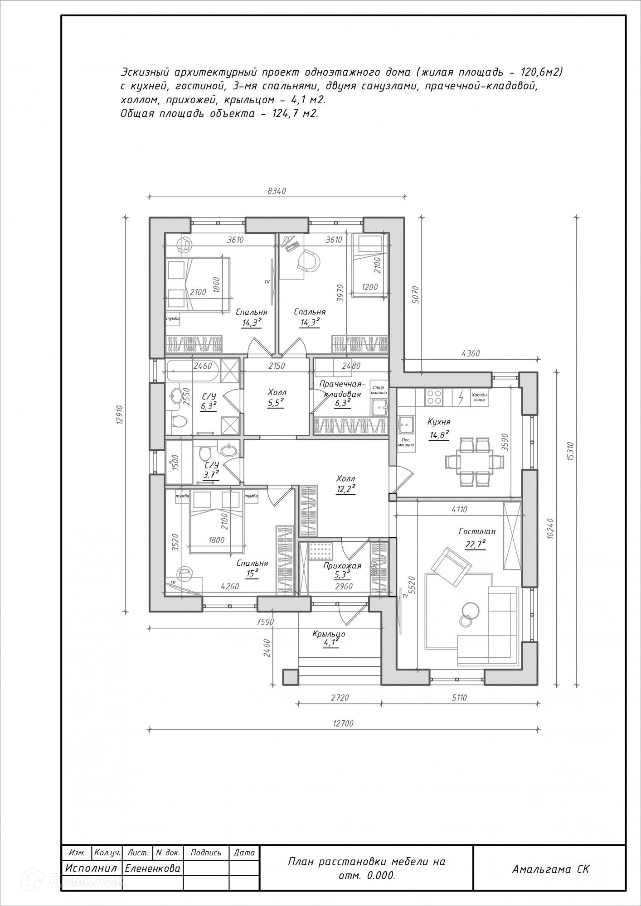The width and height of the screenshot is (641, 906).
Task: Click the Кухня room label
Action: [439, 422]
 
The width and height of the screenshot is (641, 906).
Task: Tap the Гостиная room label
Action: [477, 531]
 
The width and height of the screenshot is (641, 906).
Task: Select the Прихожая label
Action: [342, 566]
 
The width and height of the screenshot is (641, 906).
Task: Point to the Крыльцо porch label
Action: [329, 634]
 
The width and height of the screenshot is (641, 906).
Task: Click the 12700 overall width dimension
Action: [343, 723]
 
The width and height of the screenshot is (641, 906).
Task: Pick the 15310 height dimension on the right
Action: [570, 452]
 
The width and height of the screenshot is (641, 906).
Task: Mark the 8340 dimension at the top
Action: [277, 191]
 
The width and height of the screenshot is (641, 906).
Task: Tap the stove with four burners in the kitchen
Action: [434, 397]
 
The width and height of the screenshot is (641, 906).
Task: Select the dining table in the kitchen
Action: [475, 462]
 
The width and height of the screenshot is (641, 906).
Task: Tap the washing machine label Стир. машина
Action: [379, 390]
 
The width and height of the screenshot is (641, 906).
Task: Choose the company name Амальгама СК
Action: [551, 869]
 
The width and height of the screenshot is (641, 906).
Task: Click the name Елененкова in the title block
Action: [152, 868]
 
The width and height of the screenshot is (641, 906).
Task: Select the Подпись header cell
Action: [206, 853]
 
